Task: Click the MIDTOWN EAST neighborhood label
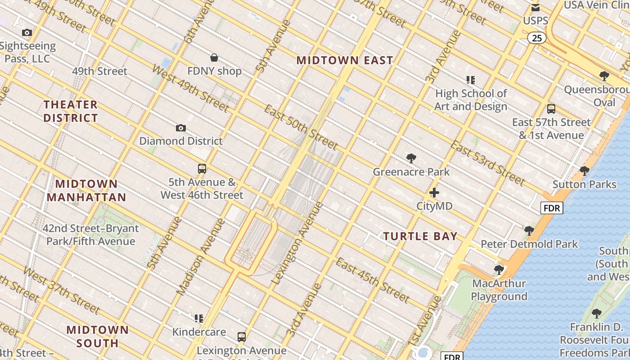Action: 345,60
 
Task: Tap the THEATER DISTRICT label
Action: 71,111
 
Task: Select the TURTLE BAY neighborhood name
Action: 420,236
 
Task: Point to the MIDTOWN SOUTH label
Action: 97,336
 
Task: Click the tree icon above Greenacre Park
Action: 411,158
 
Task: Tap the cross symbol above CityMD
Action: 434,193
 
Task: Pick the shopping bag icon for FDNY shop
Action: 214,58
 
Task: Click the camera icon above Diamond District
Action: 181,128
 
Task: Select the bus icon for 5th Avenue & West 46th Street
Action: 202,169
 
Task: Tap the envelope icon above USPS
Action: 535,7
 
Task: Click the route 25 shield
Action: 537,38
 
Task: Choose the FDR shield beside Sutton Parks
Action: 552,208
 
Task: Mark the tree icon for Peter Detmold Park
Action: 529,231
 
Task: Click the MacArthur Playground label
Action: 499,290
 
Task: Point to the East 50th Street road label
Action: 300,127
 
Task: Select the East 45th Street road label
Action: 373,280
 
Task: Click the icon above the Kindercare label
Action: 199,319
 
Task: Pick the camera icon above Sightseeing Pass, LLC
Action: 27,32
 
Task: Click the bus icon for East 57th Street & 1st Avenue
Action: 551,108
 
